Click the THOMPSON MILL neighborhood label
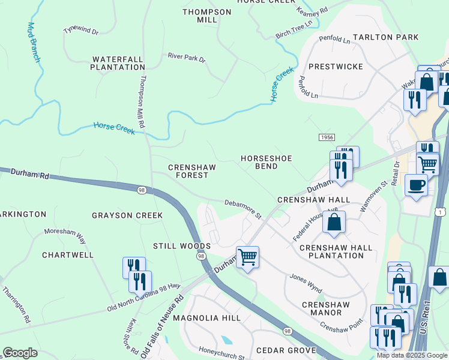(206, 16)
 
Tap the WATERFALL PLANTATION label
(118, 64)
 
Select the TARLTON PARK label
(385, 37)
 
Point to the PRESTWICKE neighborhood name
(336, 67)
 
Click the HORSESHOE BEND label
(267, 162)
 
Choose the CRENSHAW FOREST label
(188, 171)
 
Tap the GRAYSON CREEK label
(127, 215)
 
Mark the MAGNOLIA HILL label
(206, 318)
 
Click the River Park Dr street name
(187, 58)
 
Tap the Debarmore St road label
(243, 208)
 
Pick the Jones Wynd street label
(307, 280)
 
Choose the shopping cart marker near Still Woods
(247, 258)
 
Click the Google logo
(20, 353)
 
